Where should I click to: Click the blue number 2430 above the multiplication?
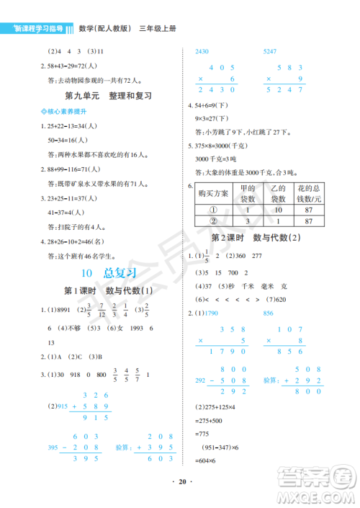coord(202,52)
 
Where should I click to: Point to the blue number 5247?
coord(271,52)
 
